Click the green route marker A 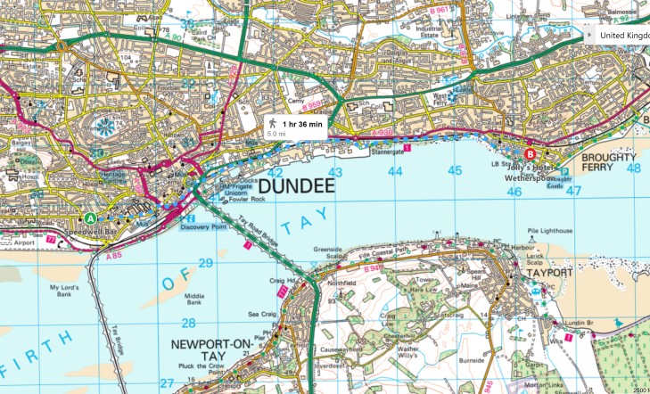[90, 218]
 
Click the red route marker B [530, 152]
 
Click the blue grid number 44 [395, 170]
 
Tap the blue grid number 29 [205, 262]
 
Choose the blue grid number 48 [633, 168]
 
